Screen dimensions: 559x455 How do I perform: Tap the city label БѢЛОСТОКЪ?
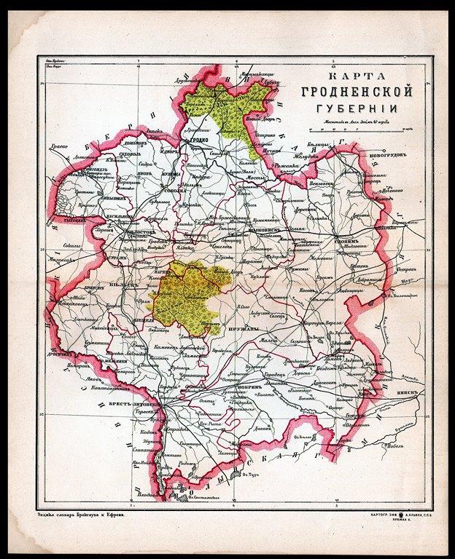point(141,233)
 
